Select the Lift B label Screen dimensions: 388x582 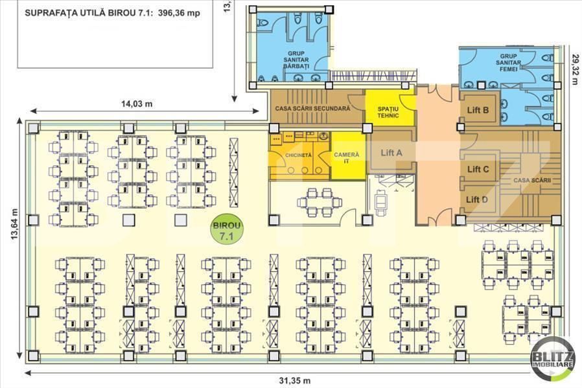478,109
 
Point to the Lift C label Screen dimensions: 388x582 478,168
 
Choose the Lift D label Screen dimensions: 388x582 478,200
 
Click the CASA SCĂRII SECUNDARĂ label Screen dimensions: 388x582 312,109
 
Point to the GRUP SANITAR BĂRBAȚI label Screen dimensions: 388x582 297,60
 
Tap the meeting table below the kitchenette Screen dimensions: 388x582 315,202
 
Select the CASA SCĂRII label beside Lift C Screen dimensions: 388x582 532,180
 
